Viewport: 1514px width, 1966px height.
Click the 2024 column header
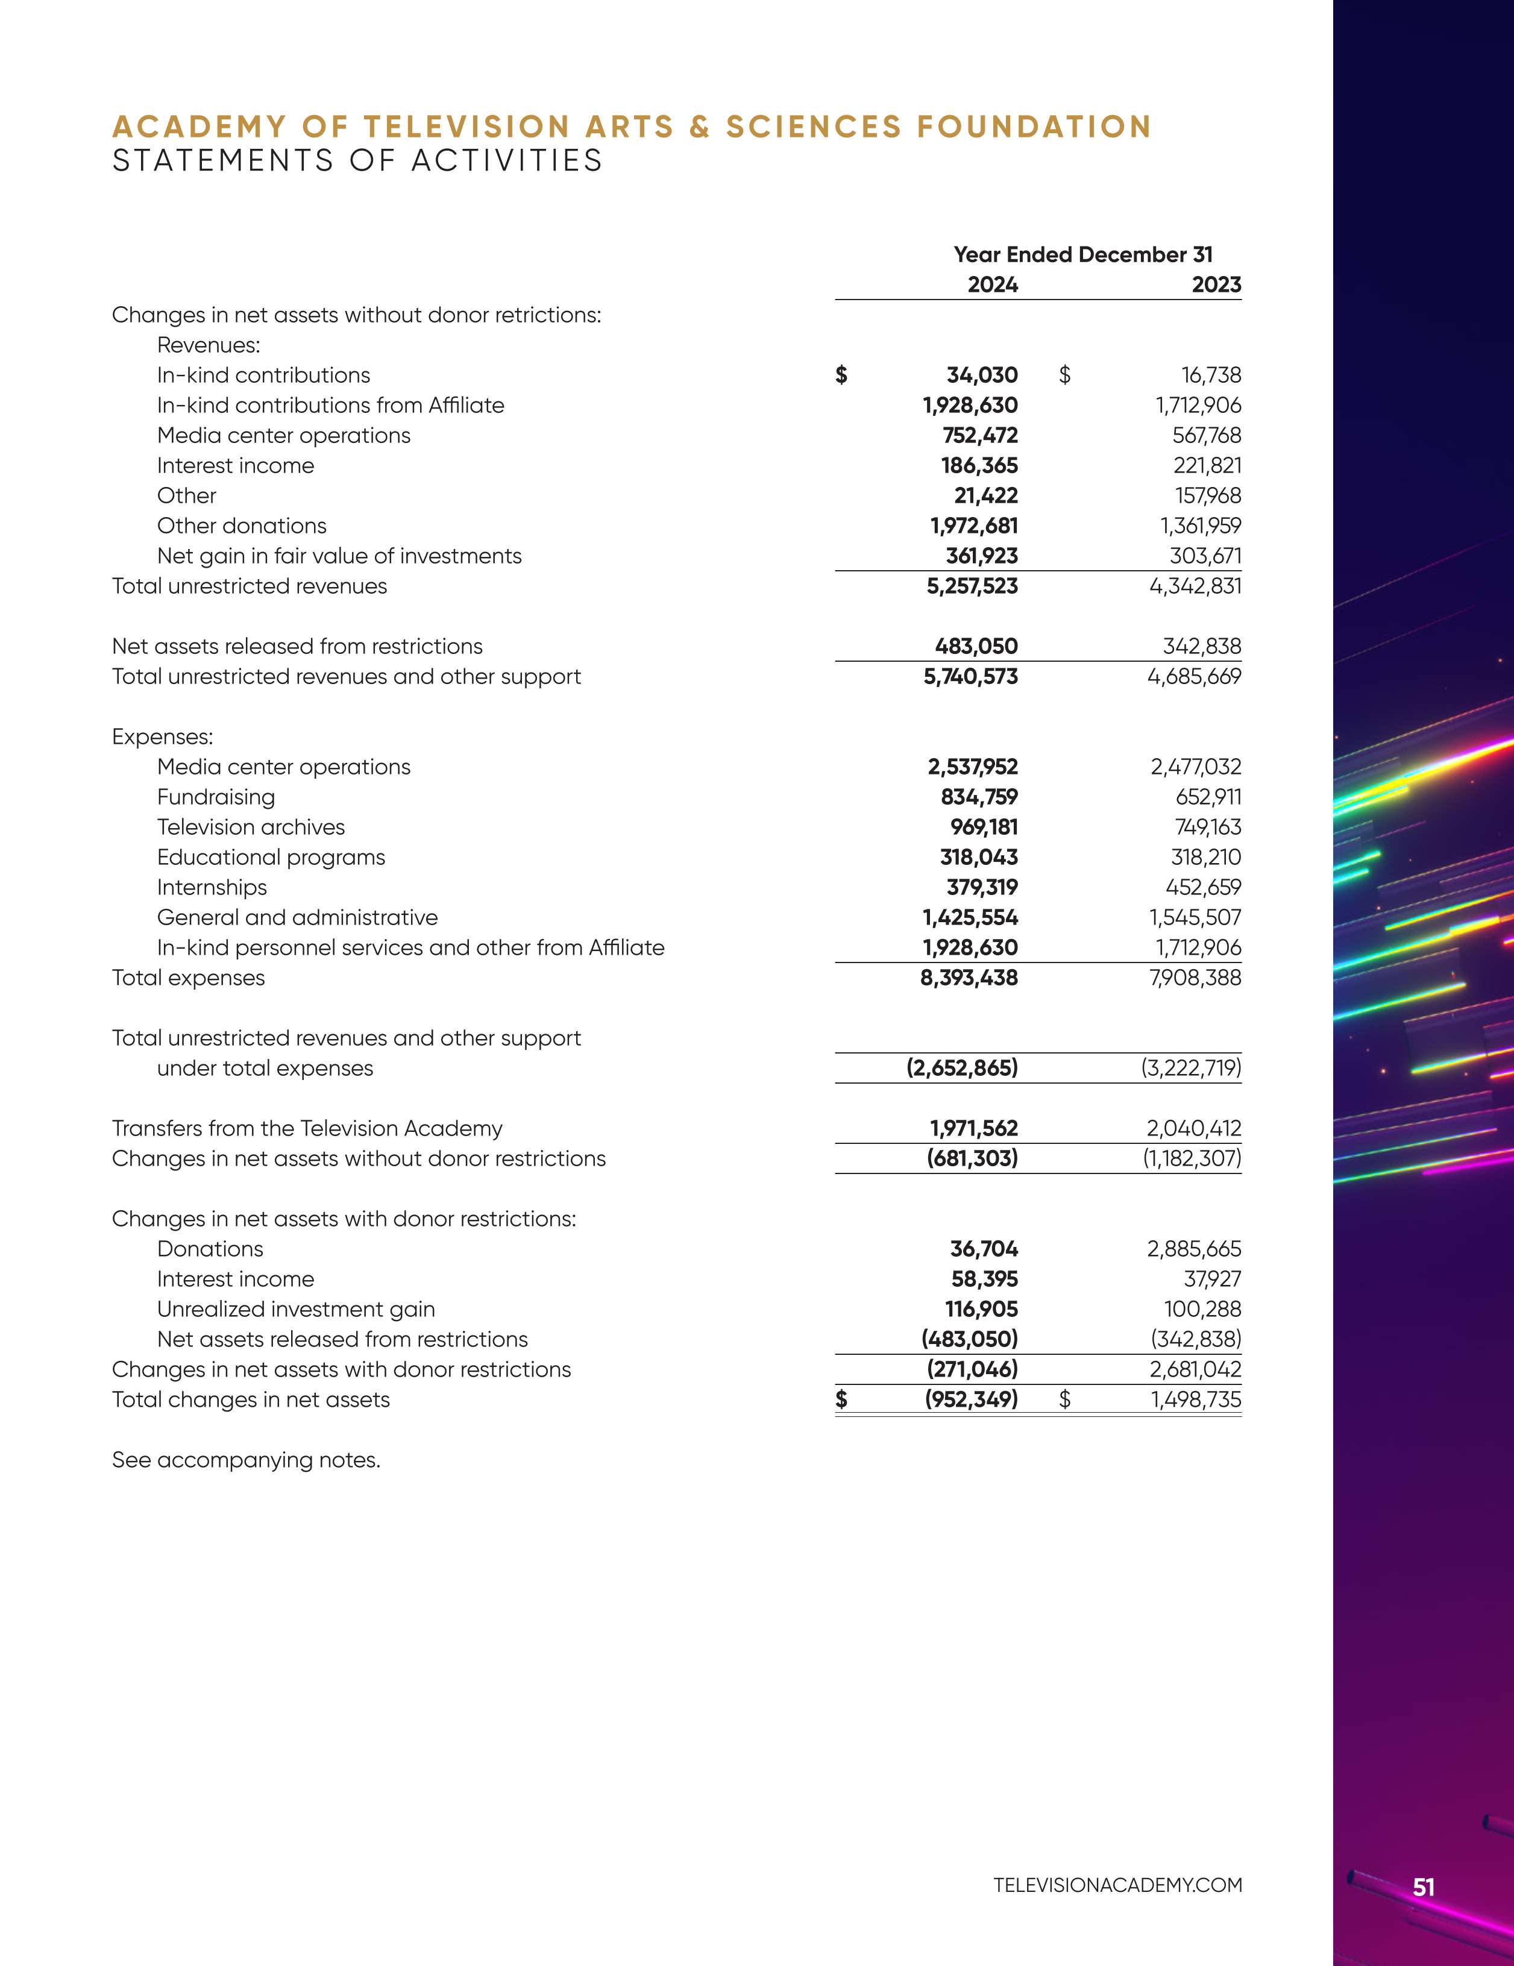992,284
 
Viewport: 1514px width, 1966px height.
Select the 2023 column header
1216,284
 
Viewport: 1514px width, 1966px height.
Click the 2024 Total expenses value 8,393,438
969,978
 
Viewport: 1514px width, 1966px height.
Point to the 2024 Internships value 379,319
981,888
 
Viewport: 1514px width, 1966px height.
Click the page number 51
1423,1887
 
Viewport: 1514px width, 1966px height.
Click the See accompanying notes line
246,1460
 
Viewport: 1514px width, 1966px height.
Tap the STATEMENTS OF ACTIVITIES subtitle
357,160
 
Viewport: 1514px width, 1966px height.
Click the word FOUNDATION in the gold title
1034,127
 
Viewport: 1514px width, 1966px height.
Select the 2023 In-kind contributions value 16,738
1211,375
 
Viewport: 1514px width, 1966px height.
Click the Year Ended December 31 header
1083,255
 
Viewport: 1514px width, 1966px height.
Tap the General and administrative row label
297,917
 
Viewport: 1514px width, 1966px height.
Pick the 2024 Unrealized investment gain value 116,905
981,1309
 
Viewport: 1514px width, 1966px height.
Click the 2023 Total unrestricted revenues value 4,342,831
1195,586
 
